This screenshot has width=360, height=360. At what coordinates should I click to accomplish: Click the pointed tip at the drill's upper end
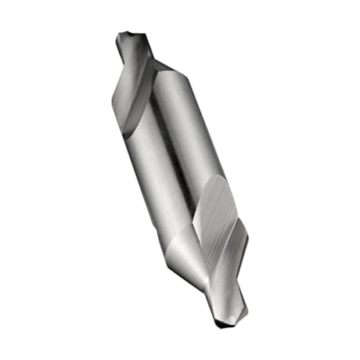pyautogui.click(x=122, y=35)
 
